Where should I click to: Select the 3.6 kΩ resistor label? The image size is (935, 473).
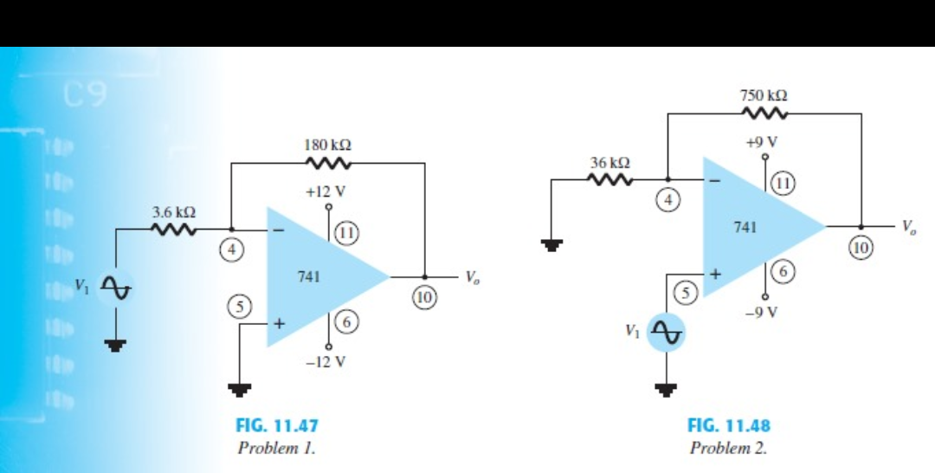pyautogui.click(x=173, y=211)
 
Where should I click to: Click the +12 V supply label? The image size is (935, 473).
pyautogui.click(x=329, y=191)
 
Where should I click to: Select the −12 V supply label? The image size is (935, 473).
pyautogui.click(x=327, y=362)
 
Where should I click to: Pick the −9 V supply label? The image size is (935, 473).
pyautogui.click(x=765, y=313)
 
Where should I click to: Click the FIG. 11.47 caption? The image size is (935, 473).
pyautogui.click(x=277, y=426)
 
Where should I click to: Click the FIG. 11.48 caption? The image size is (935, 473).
pyautogui.click(x=728, y=425)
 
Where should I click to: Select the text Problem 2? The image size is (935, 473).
pyautogui.click(x=728, y=448)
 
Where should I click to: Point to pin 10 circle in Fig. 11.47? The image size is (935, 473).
pyautogui.click(x=425, y=297)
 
